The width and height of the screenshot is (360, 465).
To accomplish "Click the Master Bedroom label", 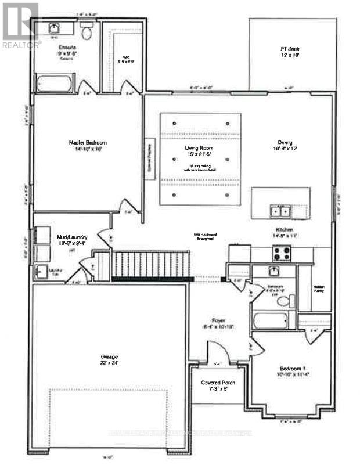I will click(88, 145).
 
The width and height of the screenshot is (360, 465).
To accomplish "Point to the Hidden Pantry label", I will click(319, 289).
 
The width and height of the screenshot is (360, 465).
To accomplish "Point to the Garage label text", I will click(109, 359).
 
